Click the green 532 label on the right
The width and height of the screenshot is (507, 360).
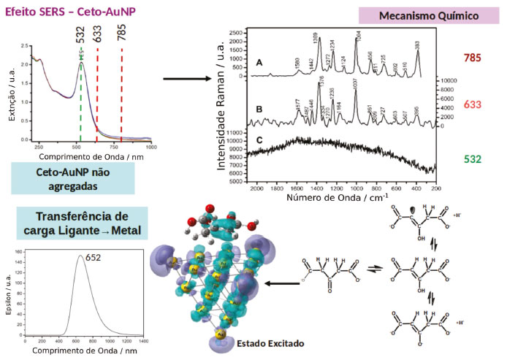[473, 158]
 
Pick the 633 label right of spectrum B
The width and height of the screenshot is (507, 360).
[473, 105]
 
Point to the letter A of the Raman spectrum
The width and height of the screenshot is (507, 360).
[258, 64]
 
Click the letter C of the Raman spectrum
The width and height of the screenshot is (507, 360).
[259, 139]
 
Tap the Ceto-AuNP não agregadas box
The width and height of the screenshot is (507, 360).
[73, 178]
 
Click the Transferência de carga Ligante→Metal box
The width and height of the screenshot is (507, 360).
[82, 224]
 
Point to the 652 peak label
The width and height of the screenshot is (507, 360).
[93, 257]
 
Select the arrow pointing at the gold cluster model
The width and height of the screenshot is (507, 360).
[281, 283]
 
